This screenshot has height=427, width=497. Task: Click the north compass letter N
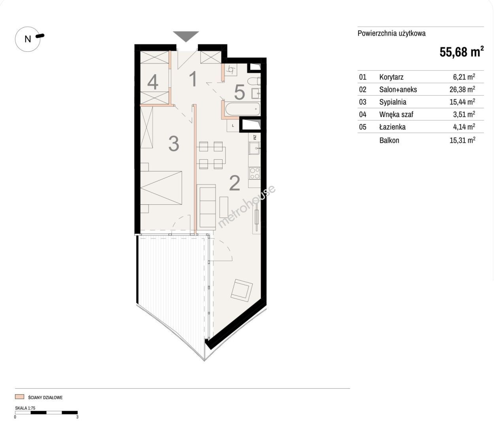[28, 39]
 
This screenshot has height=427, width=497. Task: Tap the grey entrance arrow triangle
[186, 36]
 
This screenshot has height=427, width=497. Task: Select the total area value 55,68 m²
[461, 52]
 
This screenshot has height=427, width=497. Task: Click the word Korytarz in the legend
[391, 77]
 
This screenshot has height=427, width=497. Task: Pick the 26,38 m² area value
[462, 89]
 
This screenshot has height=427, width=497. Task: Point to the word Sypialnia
[393, 102]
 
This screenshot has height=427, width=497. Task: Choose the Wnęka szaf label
[396, 114]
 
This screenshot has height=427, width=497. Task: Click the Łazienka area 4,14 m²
[464, 127]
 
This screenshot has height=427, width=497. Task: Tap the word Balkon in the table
[389, 140]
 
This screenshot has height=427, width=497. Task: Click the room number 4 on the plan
[153, 82]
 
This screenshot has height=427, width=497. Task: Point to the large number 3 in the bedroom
[174, 144]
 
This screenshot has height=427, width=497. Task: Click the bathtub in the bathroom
[243, 110]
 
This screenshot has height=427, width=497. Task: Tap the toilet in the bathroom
[254, 81]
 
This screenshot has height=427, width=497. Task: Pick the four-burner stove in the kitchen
[255, 173]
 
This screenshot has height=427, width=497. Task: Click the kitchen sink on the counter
[255, 148]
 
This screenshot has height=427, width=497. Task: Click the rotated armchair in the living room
[242, 290]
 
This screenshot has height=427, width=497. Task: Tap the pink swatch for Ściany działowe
[19, 397]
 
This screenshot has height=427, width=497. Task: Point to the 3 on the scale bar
[77, 417]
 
